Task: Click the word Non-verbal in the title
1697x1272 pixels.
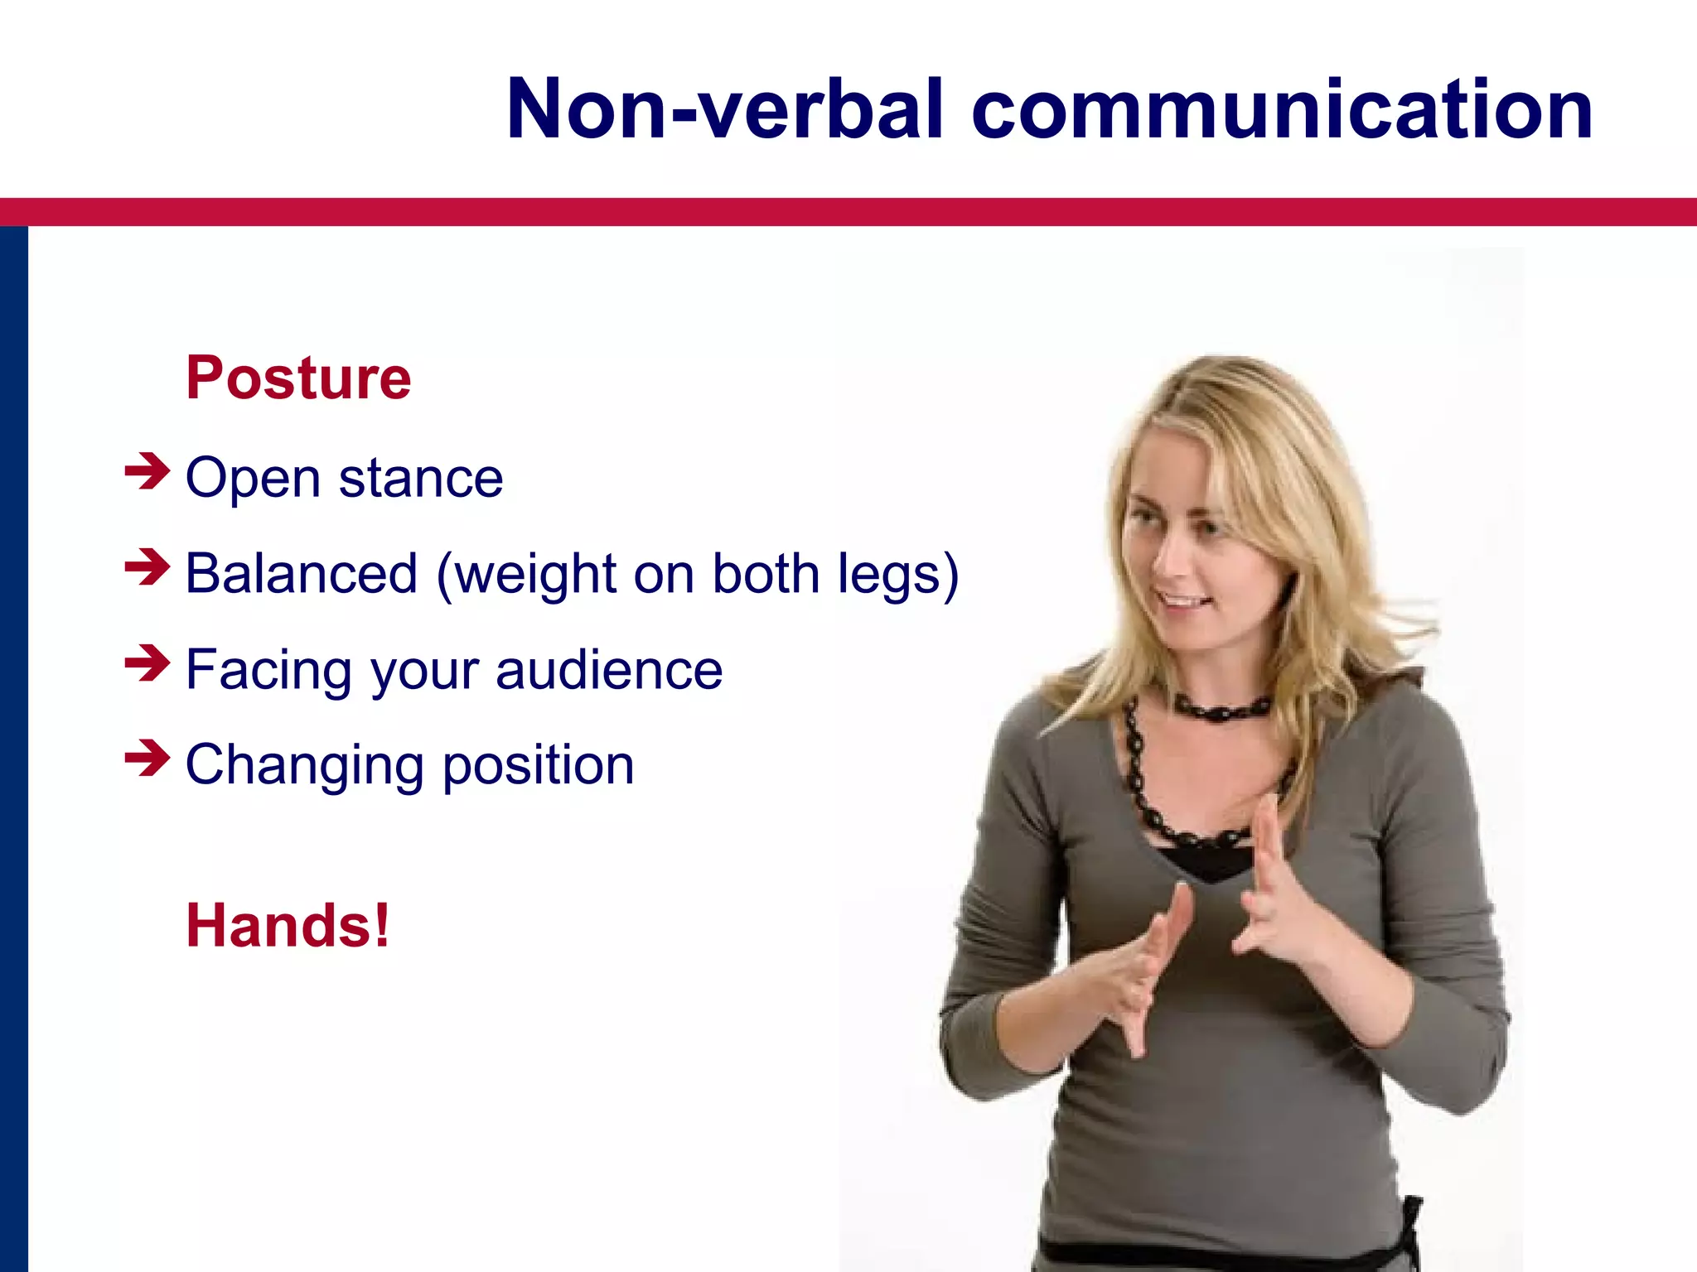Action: (724, 110)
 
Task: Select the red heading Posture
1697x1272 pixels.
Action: (298, 378)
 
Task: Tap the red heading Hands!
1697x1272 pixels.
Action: (288, 926)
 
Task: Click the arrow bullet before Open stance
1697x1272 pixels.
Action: (147, 472)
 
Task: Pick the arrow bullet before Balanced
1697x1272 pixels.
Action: (147, 568)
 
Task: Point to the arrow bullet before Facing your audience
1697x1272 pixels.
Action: (147, 664)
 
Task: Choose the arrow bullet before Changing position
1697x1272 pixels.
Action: (147, 759)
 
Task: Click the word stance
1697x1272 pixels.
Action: (421, 479)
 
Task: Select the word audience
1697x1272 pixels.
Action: (609, 670)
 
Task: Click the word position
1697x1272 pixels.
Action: (539, 765)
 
